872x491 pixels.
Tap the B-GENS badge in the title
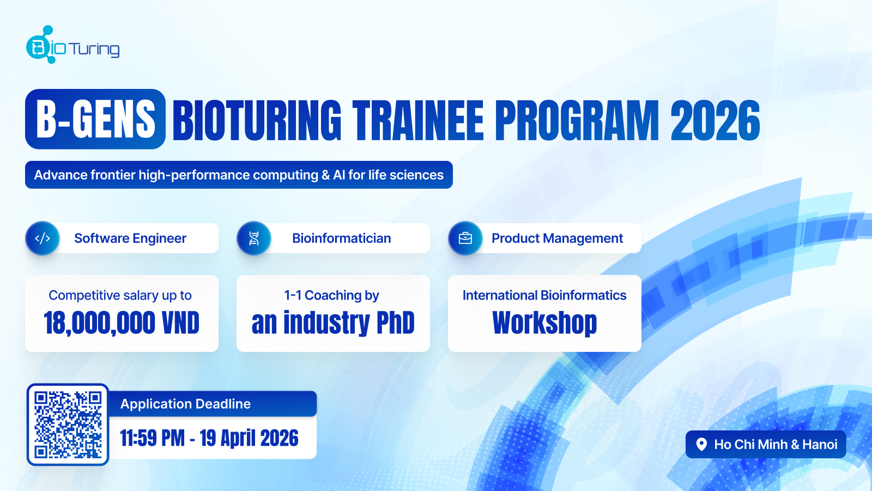[x=95, y=119]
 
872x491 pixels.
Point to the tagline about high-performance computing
[x=239, y=175]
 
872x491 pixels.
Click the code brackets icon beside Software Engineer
[x=43, y=238]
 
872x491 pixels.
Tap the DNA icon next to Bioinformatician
[x=254, y=238]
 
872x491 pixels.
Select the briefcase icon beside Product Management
[x=465, y=238]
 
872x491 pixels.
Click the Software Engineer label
[x=130, y=238]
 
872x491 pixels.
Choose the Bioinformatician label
[x=341, y=238]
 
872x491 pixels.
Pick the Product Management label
[x=557, y=238]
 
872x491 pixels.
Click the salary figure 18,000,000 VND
[x=122, y=323]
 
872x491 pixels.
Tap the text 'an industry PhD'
[x=333, y=323]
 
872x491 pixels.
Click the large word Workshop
[x=544, y=323]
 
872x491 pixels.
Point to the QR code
[x=68, y=424]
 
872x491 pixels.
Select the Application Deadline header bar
[x=213, y=404]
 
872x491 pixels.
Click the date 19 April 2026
[x=249, y=438]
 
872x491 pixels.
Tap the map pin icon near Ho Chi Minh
[x=702, y=445]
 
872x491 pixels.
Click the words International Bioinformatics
[x=544, y=295]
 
